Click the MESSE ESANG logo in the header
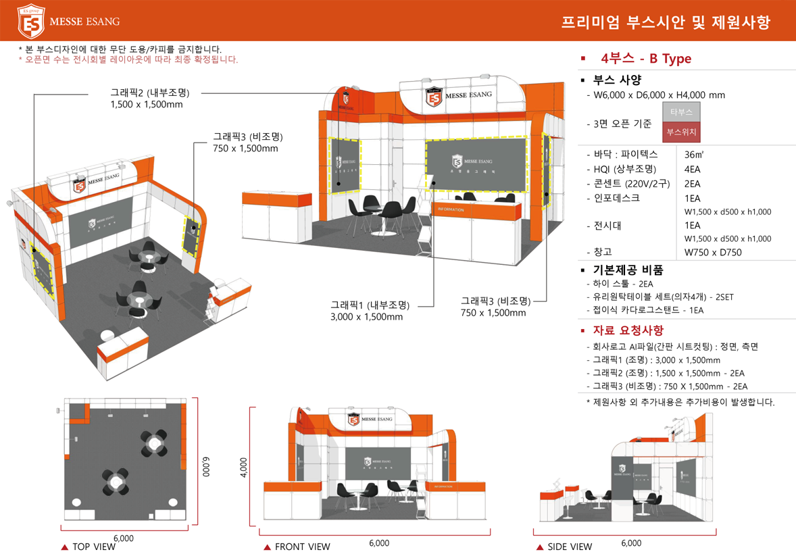[68, 21]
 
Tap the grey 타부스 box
[681, 112]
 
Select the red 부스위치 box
[681, 132]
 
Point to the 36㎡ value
[693, 155]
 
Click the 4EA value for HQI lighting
[692, 169]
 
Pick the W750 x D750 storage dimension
[712, 252]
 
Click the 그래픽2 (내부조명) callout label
[149, 93]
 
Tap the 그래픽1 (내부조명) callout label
[370, 305]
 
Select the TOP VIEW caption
[93, 547]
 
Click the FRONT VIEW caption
[302, 547]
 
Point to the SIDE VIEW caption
[570, 547]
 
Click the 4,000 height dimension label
[244, 468]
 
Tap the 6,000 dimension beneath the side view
[630, 543]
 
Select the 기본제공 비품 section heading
[628, 270]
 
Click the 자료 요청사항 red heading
[628, 330]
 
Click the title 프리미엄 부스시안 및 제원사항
[665, 22]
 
